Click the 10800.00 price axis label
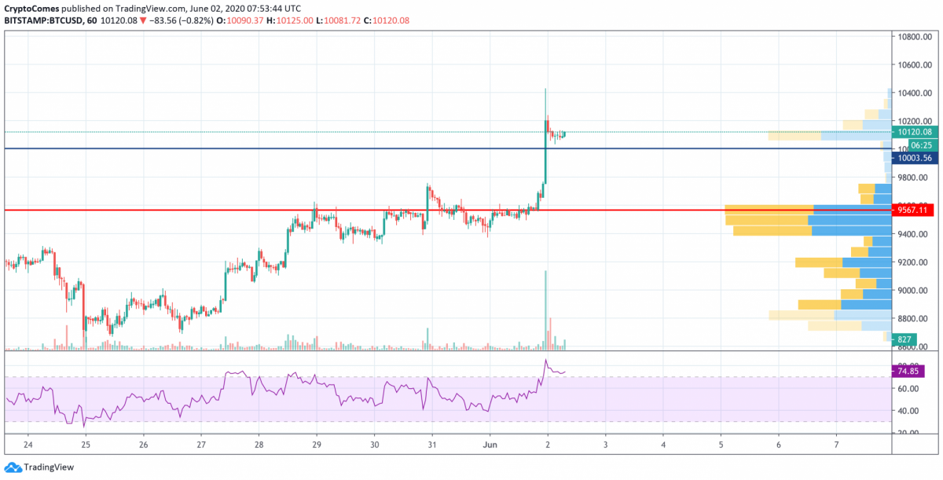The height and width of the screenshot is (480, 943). [x=916, y=37]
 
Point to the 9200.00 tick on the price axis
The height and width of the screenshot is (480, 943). [x=916, y=262]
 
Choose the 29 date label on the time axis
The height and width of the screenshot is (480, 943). [x=317, y=445]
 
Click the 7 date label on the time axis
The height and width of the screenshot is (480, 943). [x=837, y=445]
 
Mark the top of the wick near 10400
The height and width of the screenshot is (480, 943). [x=545, y=90]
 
